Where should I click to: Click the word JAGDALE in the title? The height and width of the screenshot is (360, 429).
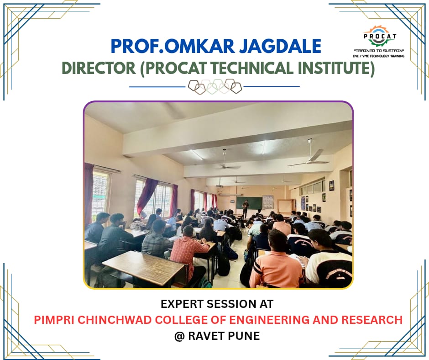[280, 46]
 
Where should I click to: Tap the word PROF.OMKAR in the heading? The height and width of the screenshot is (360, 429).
[173, 46]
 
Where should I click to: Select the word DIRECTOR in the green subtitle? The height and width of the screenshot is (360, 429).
[99, 68]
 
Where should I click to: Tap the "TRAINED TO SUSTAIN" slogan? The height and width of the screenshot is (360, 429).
[379, 51]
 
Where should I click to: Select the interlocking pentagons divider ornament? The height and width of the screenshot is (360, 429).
[215, 87]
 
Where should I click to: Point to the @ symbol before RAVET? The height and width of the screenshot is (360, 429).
[179, 336]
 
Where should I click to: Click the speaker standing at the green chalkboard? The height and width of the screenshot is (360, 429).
[246, 209]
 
